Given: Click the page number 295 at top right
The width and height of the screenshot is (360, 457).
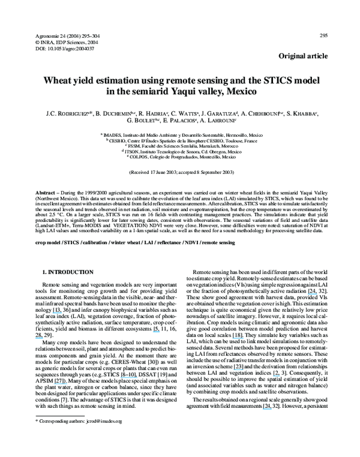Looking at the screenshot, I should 323,35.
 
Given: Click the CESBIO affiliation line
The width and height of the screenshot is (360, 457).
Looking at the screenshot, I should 180,140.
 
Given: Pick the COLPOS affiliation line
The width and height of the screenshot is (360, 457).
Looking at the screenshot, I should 180,157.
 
